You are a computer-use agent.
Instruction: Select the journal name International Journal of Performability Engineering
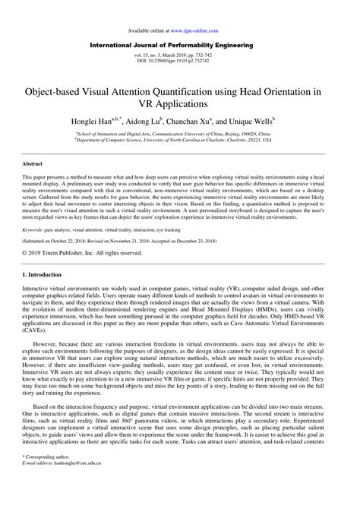179,46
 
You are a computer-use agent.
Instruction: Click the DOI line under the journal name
180,62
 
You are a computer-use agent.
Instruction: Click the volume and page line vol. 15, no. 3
180,57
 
